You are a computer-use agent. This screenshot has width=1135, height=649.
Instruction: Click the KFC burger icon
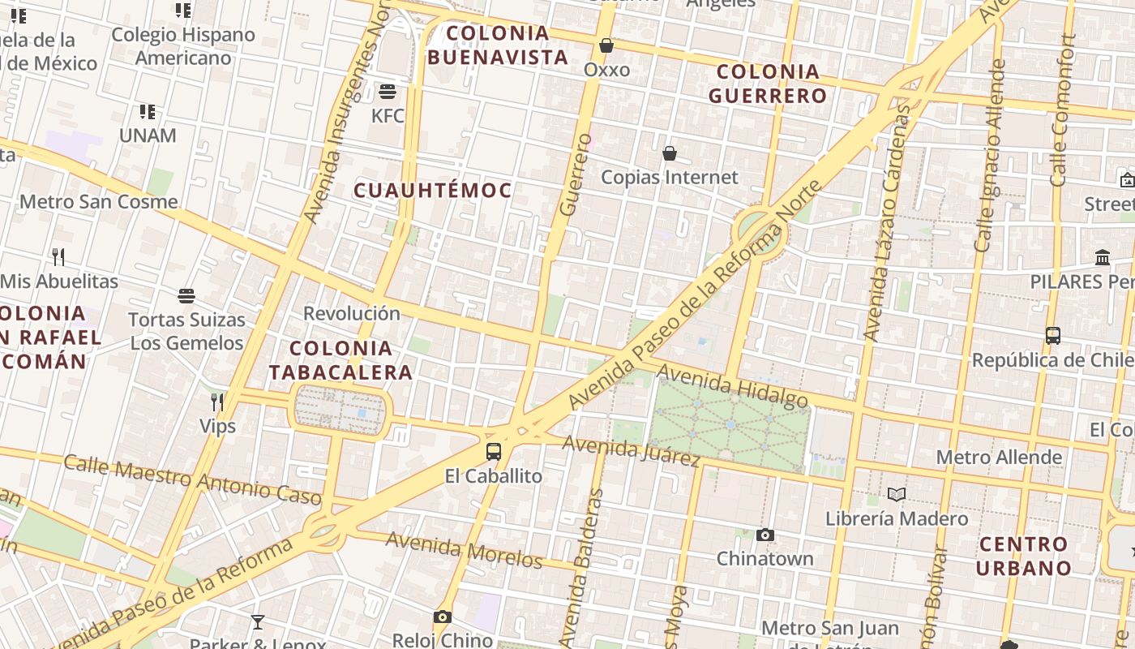click(388, 90)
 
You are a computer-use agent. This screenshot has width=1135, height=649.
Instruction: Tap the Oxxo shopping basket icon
click(606, 45)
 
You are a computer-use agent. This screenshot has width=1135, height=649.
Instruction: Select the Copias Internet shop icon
click(670, 153)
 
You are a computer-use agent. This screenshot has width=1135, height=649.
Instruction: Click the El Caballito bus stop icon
click(493, 452)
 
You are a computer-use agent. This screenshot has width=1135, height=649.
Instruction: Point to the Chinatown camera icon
click(765, 535)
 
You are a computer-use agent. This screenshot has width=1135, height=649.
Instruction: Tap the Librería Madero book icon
click(896, 494)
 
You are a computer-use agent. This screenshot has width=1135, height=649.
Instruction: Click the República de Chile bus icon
click(1052, 335)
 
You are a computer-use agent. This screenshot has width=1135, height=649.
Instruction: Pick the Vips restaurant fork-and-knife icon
click(217, 402)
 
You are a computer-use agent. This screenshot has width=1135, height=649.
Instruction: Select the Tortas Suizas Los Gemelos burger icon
click(186, 295)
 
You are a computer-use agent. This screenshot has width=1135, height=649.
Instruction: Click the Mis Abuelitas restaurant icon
click(58, 257)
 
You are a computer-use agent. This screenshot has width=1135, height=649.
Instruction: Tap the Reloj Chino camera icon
click(442, 617)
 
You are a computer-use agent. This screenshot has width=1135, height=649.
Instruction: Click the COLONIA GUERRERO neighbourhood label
click(767, 84)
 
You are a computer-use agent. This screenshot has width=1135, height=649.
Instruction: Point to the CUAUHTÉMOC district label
click(433, 191)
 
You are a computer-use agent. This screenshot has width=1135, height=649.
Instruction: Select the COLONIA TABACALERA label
click(340, 360)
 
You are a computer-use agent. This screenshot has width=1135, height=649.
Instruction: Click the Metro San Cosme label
click(98, 201)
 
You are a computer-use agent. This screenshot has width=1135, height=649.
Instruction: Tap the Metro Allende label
click(999, 457)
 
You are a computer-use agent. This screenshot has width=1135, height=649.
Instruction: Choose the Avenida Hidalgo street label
click(732, 386)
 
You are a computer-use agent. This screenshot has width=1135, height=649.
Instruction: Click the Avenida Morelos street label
click(464, 549)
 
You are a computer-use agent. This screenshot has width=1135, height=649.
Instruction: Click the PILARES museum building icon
click(1103, 258)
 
